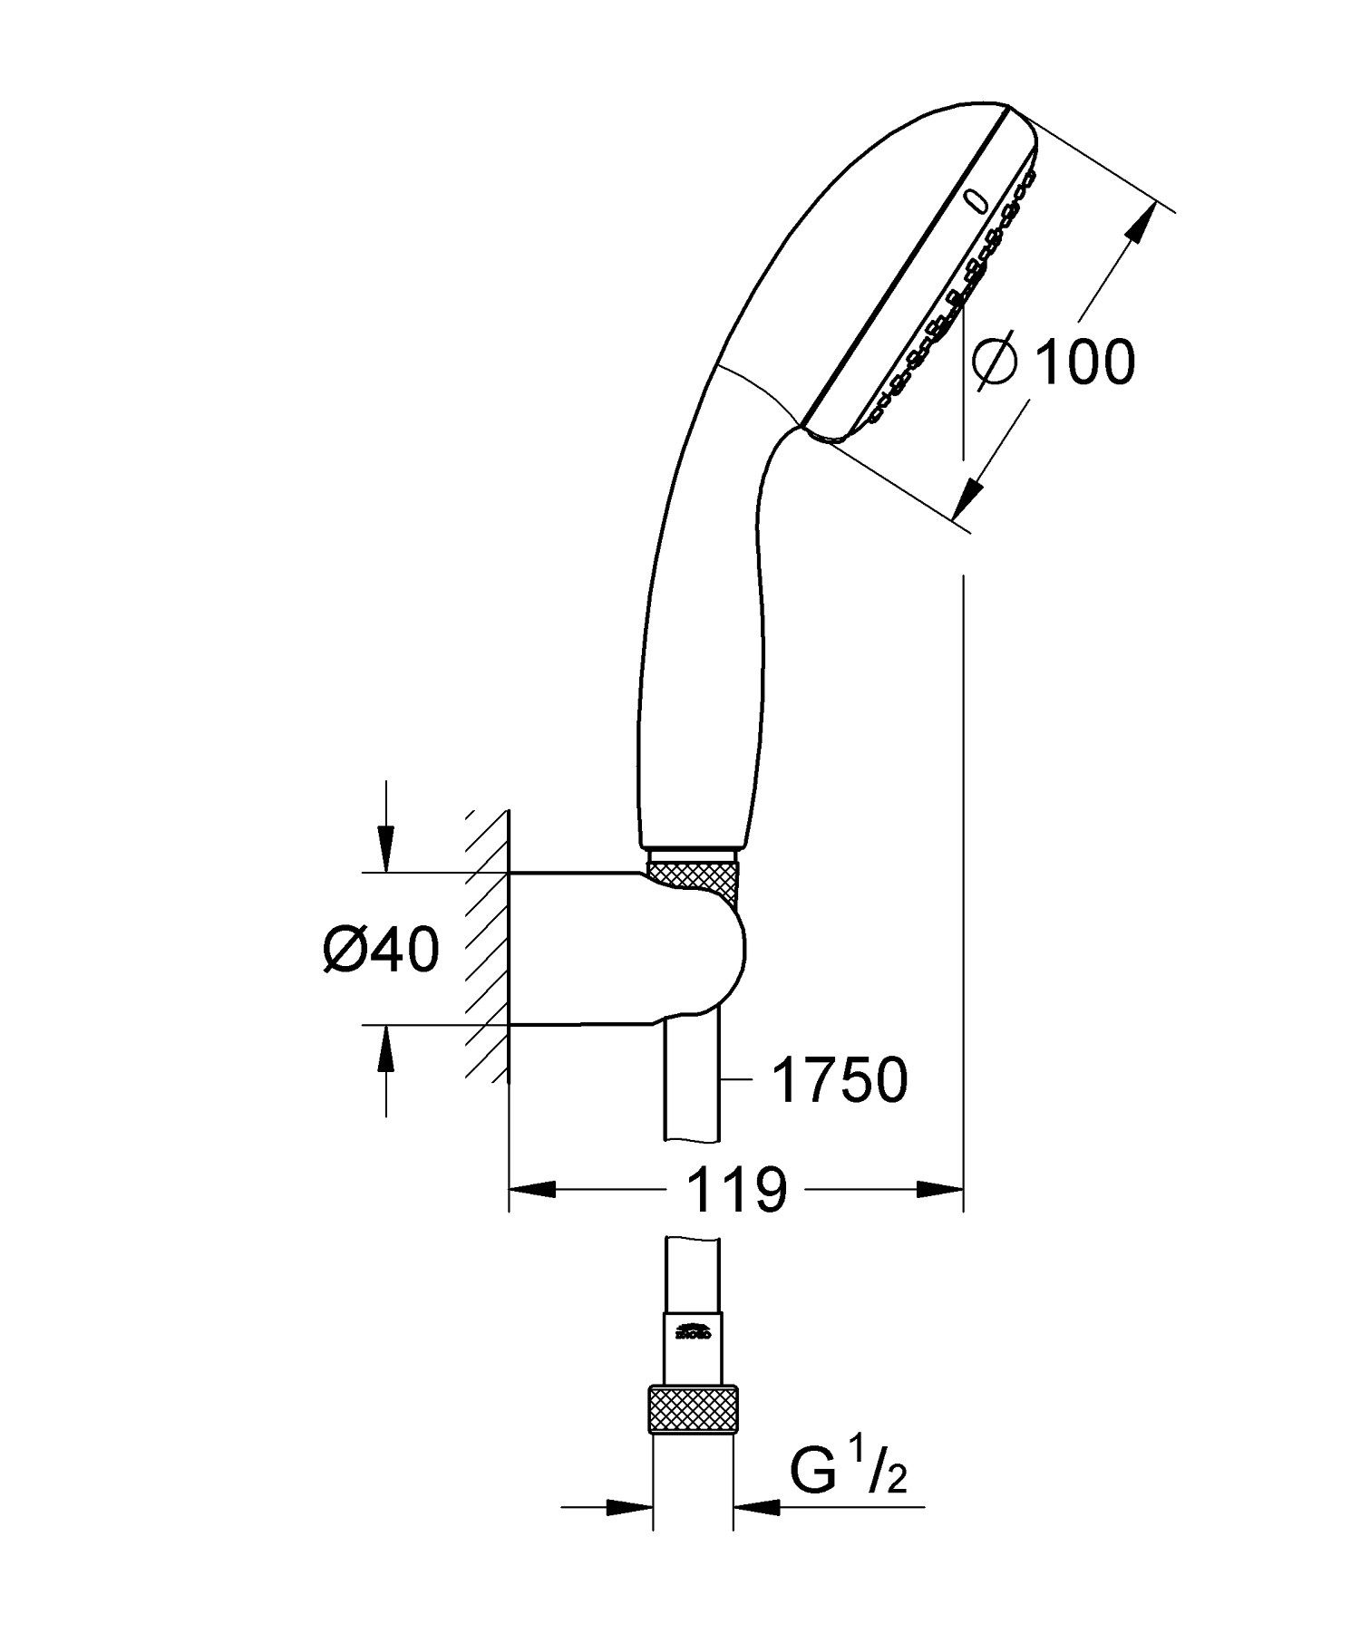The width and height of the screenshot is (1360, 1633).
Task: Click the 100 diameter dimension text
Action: (1083, 362)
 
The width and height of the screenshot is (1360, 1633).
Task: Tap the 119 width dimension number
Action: (736, 1189)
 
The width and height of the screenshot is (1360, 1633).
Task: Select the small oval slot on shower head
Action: (974, 199)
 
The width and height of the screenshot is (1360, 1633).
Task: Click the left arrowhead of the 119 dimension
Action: (531, 1189)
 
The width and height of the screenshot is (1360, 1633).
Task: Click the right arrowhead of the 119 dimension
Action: (939, 1189)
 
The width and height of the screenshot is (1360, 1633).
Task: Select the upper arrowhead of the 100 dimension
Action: (1145, 222)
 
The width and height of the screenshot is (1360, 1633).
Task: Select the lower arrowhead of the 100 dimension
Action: (971, 494)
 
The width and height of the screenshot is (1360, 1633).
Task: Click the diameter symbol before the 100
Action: (995, 362)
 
